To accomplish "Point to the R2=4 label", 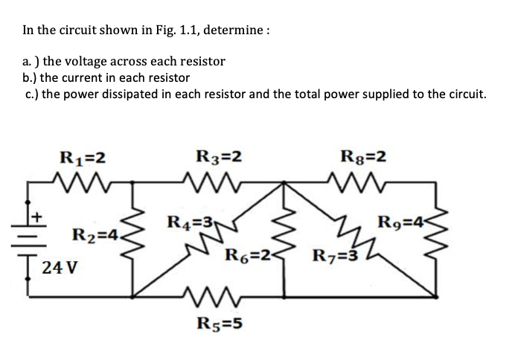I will (94, 237).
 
